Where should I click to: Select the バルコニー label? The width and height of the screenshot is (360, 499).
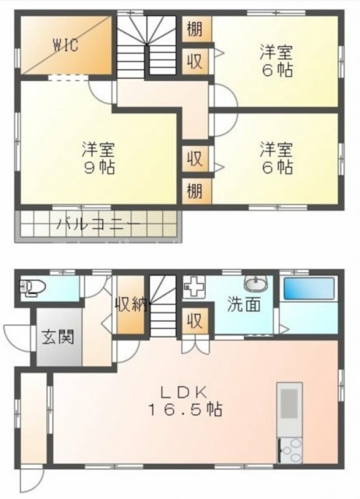pyautogui.click(x=97, y=225)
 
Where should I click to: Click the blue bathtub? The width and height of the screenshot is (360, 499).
pyautogui.click(x=309, y=288)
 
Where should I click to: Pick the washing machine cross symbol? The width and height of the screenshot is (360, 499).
pyautogui.click(x=193, y=286)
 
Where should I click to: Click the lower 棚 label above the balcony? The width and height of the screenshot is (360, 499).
pyautogui.click(x=195, y=189)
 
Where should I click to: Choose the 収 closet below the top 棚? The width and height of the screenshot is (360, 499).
pyautogui.click(x=195, y=61)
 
